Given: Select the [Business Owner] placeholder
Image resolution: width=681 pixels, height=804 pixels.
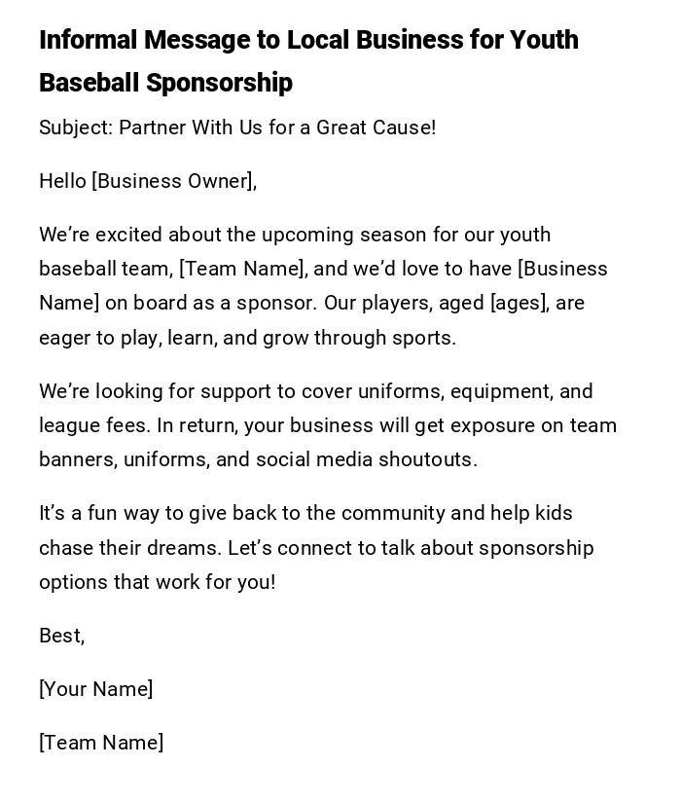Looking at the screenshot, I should (x=174, y=181).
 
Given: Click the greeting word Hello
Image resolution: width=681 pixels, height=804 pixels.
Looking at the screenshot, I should (x=62, y=181).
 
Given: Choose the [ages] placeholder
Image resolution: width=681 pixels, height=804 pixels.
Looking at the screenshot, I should (x=521, y=303).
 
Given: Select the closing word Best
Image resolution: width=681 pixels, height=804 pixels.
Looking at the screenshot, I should (x=60, y=636).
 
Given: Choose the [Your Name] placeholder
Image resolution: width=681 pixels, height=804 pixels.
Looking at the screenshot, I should (x=96, y=689).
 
